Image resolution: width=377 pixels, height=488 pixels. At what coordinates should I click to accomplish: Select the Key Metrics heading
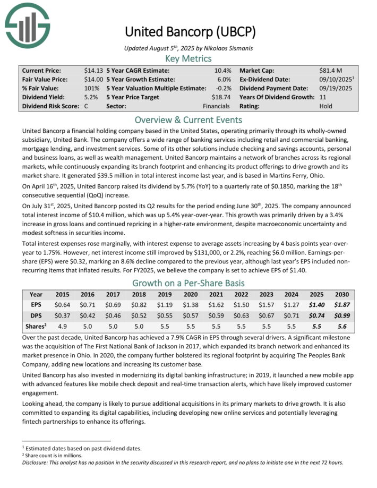[188, 58]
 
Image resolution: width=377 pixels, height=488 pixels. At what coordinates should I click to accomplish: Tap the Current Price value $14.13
[93, 70]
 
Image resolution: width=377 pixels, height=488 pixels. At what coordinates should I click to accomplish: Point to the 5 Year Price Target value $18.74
[219, 97]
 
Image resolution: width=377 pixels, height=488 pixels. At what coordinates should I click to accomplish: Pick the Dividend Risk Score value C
[86, 106]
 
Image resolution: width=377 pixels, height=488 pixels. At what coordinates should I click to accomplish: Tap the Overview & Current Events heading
[188, 119]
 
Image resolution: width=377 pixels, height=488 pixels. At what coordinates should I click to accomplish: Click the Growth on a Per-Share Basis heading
[188, 283]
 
